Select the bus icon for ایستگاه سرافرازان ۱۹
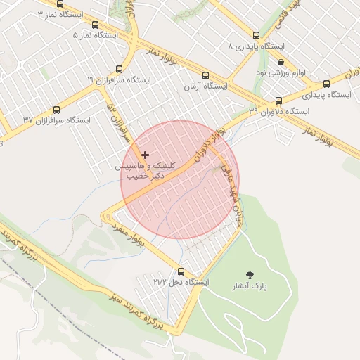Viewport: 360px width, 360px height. point(119,70)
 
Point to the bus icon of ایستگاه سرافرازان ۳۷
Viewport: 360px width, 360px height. point(57,110)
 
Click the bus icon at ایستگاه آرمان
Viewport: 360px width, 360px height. point(205,75)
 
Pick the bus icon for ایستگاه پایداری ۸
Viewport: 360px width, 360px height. point(255,35)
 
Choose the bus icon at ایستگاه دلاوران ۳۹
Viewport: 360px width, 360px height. point(279,101)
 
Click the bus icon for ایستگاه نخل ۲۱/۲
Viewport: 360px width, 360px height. point(181,271)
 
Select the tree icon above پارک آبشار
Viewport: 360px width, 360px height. point(250,275)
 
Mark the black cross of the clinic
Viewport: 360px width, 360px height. point(146,154)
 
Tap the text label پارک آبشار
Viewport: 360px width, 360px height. point(250,287)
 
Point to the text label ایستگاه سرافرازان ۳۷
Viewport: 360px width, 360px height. point(57,120)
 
